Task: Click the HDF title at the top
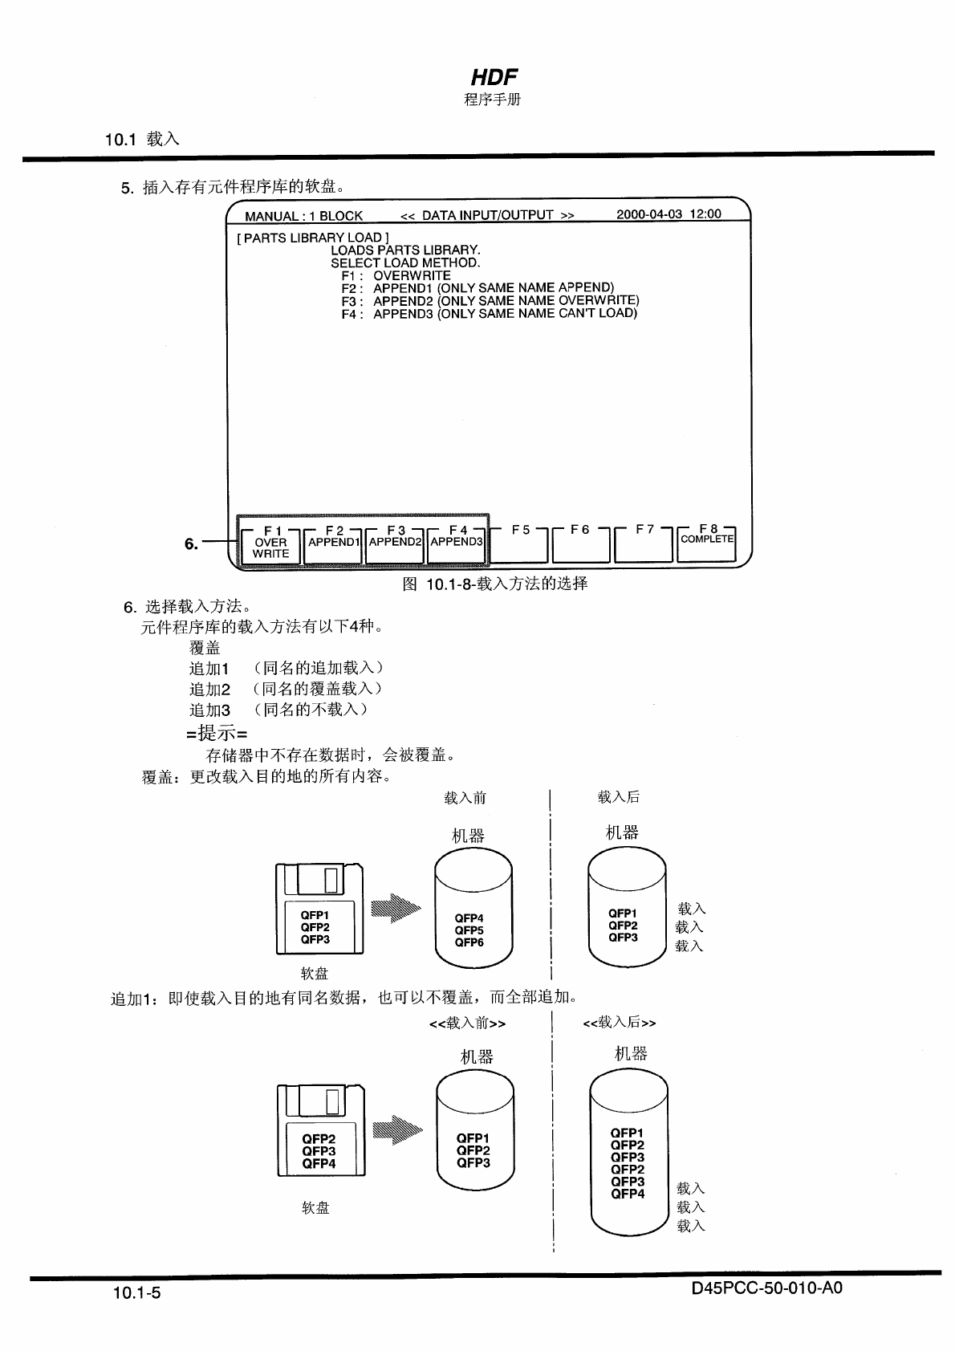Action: click(x=494, y=77)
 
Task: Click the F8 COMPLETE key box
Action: click(x=707, y=540)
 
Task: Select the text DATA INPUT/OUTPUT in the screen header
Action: click(x=487, y=215)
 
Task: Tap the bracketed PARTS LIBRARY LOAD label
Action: click(x=313, y=238)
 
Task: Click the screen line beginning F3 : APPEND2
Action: click(x=490, y=301)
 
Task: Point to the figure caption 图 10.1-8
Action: click(x=495, y=584)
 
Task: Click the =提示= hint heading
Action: click(x=217, y=733)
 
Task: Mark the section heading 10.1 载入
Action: click(x=142, y=139)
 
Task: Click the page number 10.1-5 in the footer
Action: click(x=137, y=1292)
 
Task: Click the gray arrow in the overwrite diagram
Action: click(x=396, y=909)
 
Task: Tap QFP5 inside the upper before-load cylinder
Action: click(x=469, y=930)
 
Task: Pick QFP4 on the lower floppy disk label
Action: click(x=319, y=1163)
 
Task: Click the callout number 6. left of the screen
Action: click(x=191, y=543)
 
